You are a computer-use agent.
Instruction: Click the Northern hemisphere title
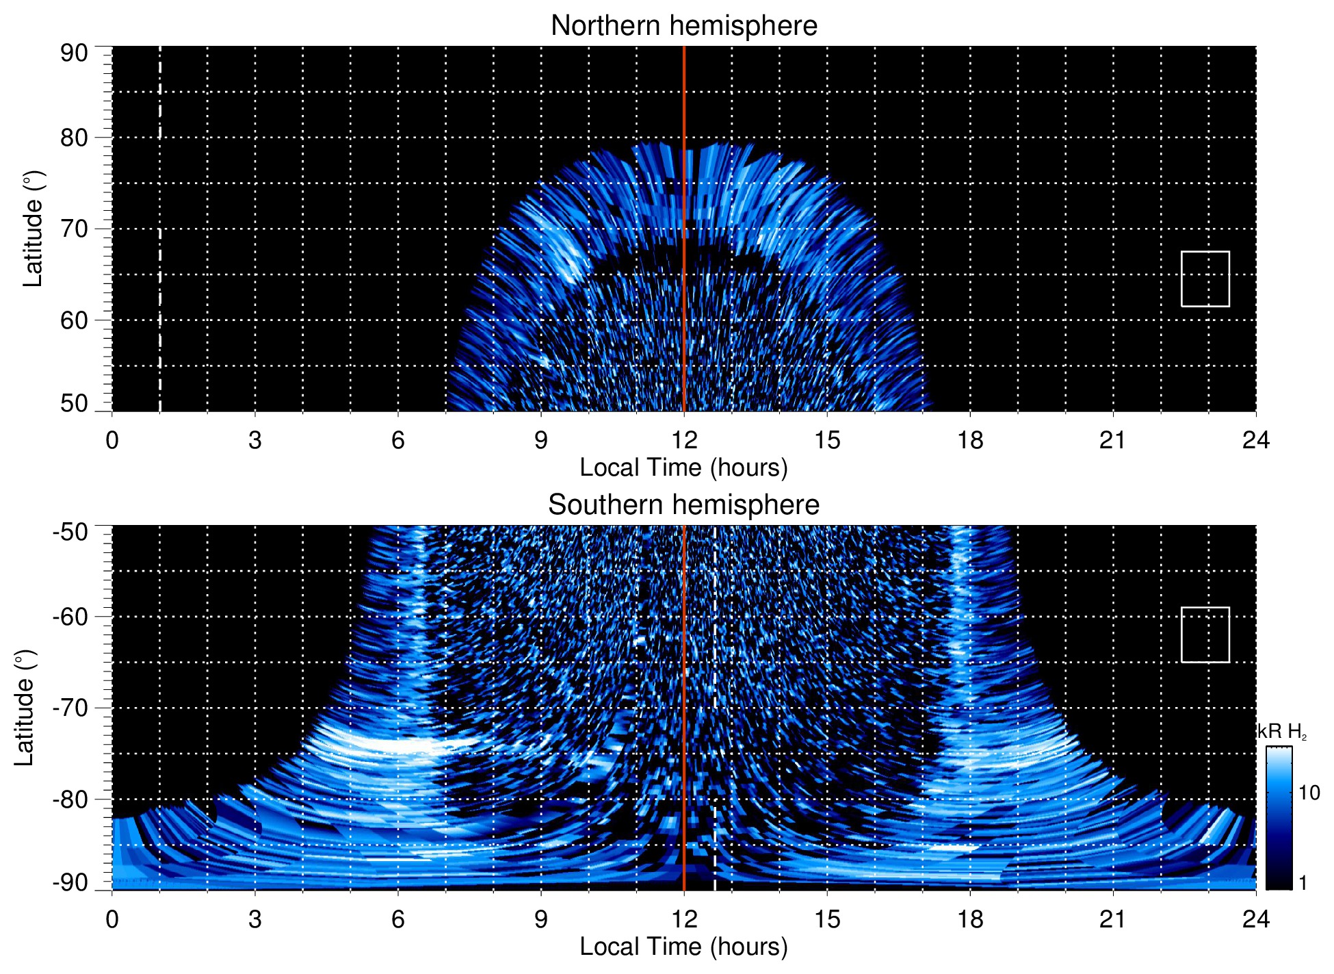click(x=683, y=26)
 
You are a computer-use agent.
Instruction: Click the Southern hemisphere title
click(x=683, y=505)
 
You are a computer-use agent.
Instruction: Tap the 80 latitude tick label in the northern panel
click(x=74, y=138)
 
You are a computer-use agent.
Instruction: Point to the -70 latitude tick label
click(x=70, y=708)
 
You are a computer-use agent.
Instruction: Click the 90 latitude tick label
click(x=74, y=53)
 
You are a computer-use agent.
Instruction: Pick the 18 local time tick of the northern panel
click(x=969, y=440)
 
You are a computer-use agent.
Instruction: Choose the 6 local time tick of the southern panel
click(x=397, y=919)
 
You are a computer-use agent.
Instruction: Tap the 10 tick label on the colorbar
click(x=1309, y=793)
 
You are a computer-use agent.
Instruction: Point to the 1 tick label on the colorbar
click(x=1303, y=883)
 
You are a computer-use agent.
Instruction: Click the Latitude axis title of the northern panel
click(x=33, y=229)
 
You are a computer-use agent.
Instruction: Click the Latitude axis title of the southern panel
click(x=25, y=708)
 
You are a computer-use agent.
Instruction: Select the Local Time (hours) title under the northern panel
click(x=683, y=467)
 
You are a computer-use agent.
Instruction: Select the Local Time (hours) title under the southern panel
click(x=683, y=947)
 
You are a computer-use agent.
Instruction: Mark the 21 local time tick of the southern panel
click(x=1112, y=919)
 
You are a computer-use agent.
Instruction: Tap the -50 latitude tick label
click(x=70, y=533)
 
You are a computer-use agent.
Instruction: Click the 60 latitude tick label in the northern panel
click(x=74, y=320)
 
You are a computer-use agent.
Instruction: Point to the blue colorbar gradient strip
click(x=1278, y=818)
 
